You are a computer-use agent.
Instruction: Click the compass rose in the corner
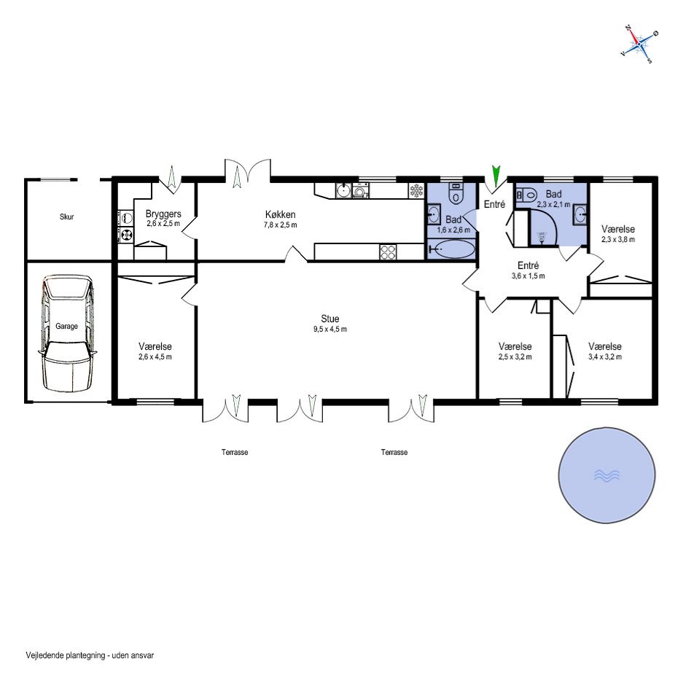pos(639,44)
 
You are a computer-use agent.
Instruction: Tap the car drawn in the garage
pos(68,334)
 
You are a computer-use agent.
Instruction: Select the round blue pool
pos(606,475)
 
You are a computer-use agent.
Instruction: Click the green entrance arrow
pos(496,176)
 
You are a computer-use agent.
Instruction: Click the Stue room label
pos(329,319)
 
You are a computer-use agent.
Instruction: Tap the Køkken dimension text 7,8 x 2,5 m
pos(280,225)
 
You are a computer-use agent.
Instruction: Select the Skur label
pos(66,216)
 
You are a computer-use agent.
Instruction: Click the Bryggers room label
pos(163,214)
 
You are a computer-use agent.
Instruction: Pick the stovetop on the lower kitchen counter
pos(388,251)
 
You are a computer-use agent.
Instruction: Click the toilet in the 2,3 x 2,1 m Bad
pos(527,195)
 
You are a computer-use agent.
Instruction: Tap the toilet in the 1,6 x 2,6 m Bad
pos(456,194)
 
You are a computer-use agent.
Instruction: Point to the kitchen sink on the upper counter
pos(343,190)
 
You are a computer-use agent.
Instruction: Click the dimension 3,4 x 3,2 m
pos(604,356)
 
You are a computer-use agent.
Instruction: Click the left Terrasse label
pos(235,452)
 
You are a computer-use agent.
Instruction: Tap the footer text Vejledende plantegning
pos(66,655)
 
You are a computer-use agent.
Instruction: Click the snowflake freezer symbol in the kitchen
pos(416,190)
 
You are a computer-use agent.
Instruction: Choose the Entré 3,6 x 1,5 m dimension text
pos(528,276)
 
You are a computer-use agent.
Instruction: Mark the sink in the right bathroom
pos(579,214)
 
